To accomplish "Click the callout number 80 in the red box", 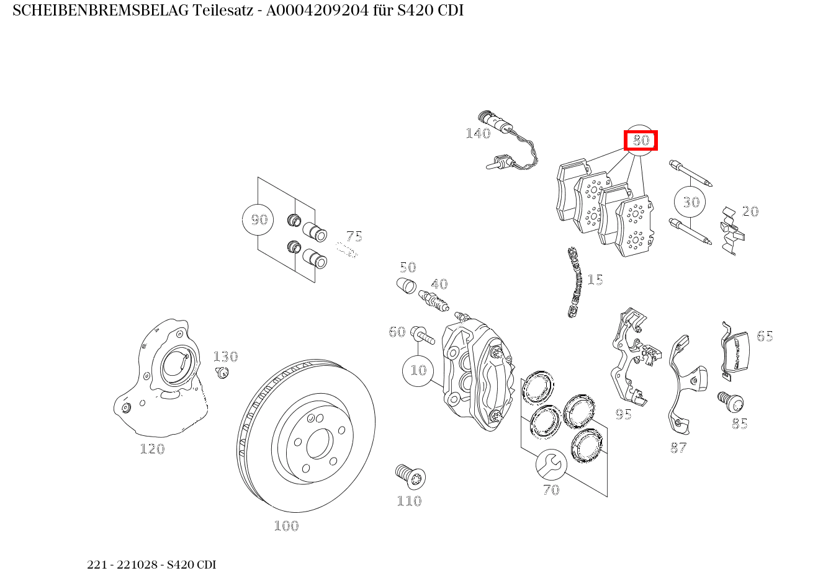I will pyautogui.click(x=641, y=141).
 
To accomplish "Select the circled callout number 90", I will pyautogui.click(x=258, y=220).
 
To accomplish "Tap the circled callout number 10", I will pyautogui.click(x=418, y=370).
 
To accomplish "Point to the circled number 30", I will pyautogui.click(x=691, y=202).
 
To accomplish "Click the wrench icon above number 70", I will pyautogui.click(x=551, y=464).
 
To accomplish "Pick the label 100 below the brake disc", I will pyautogui.click(x=286, y=526).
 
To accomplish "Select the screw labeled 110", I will pyautogui.click(x=410, y=476).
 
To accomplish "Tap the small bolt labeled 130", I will pyautogui.click(x=222, y=372).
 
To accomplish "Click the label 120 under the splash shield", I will pyautogui.click(x=152, y=449).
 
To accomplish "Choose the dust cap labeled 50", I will pyautogui.click(x=405, y=287).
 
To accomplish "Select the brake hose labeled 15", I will pyautogui.click(x=575, y=282).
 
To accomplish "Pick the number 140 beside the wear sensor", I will pyautogui.click(x=478, y=134).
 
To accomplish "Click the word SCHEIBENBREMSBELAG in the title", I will pyautogui.click(x=101, y=11).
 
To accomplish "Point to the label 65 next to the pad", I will pyautogui.click(x=765, y=337).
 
